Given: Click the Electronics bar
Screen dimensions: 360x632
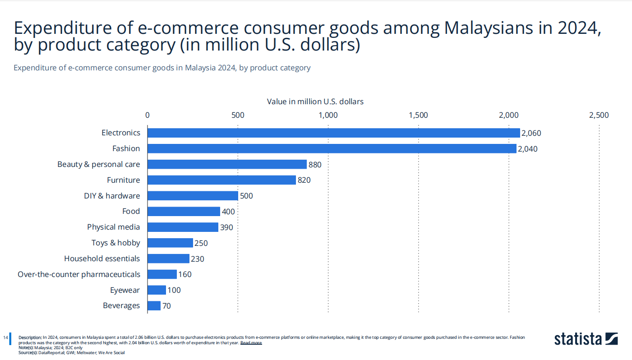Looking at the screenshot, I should (x=333, y=133).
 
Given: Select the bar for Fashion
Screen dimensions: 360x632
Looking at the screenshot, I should (x=332, y=148).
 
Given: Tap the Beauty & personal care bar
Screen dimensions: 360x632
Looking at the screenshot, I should (x=227, y=164).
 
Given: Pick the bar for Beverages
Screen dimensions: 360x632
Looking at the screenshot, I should (x=154, y=305).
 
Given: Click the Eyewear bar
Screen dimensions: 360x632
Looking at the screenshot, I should (x=157, y=290).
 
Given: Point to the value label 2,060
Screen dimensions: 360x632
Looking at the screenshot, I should (x=531, y=133).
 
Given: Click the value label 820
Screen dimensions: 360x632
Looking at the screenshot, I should (x=304, y=180).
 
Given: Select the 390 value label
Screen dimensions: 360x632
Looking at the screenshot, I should (x=226, y=227).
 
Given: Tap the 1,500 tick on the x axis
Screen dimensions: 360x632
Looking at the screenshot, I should (x=418, y=115).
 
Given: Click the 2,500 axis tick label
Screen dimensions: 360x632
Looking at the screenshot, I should (x=599, y=115).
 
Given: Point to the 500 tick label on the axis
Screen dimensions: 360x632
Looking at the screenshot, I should (x=238, y=115).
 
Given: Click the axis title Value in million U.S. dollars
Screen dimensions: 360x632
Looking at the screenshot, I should (x=315, y=102).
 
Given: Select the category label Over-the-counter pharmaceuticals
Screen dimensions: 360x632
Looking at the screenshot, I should (x=79, y=274).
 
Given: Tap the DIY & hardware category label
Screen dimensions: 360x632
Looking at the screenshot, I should (x=112, y=196).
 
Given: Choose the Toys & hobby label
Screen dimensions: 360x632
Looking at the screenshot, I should (x=115, y=243).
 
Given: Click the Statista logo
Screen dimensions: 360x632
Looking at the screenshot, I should (x=586, y=338).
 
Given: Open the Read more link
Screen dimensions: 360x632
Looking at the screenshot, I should (x=251, y=343).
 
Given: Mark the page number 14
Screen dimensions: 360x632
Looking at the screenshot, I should (x=5, y=337).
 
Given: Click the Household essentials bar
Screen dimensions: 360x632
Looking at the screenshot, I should (x=168, y=258).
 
